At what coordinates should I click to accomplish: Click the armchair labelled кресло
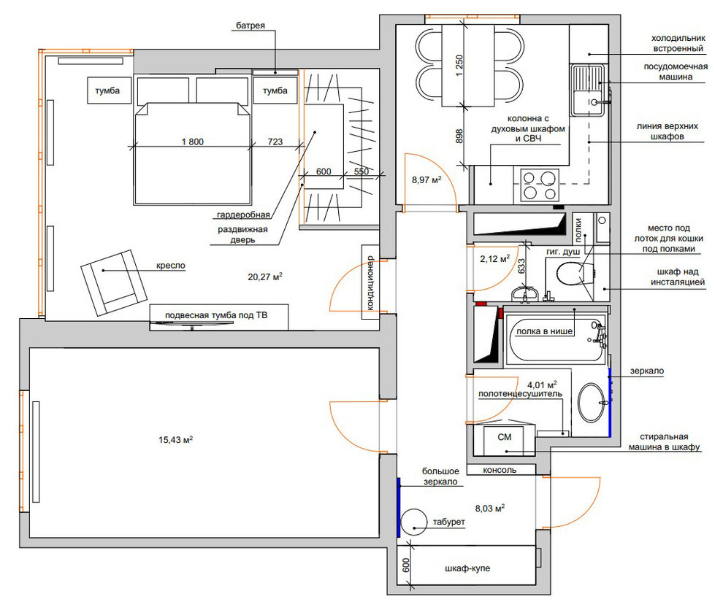[114, 282]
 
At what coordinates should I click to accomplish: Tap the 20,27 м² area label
[264, 277]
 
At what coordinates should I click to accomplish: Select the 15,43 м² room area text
[175, 439]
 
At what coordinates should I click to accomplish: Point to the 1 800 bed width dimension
[193, 142]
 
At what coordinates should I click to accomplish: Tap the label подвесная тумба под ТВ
[216, 315]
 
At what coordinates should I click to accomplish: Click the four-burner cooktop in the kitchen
[540, 185]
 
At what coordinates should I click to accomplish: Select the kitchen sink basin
[587, 103]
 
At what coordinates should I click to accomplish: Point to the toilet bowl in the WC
[574, 274]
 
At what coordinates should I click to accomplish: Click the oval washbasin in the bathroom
[591, 402]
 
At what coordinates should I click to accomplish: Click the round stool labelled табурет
[413, 522]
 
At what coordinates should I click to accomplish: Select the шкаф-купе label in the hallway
[467, 568]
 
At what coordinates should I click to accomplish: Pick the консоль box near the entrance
[501, 469]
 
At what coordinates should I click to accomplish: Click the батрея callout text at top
[250, 26]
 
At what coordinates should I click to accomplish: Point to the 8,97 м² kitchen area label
[426, 179]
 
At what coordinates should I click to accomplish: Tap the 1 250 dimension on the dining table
[459, 66]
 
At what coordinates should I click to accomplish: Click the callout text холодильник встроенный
[678, 43]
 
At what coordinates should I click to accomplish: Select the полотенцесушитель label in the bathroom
[520, 394]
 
